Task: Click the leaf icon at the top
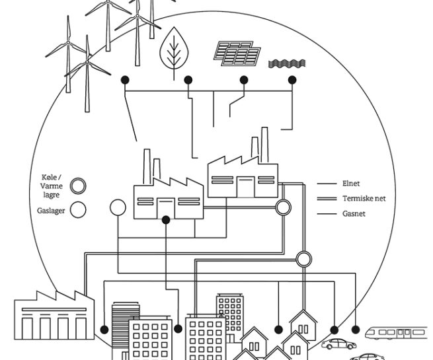174,48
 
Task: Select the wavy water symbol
287,63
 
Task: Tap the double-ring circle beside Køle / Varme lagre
79,186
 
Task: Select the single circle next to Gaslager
79,210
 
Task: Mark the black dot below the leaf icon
188,80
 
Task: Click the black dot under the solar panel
244,80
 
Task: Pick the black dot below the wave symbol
292,80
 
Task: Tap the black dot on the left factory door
165,219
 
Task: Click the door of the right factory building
246,187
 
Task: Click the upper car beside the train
337,343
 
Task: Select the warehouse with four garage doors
54,318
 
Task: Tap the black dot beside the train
356,329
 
